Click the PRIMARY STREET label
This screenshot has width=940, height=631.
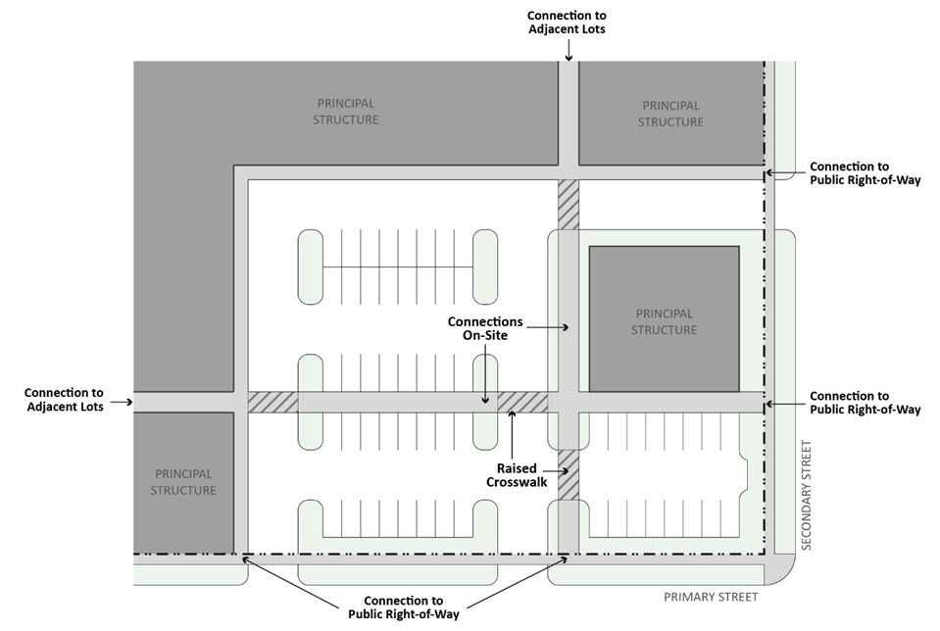pos(711,597)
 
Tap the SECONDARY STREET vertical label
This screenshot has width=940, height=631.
pos(807,495)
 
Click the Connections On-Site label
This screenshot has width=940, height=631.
pos(485,328)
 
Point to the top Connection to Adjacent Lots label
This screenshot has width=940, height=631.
pos(567,23)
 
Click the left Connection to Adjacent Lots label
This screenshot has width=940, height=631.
pos(64,401)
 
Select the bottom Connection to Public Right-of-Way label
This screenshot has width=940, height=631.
pos(403,607)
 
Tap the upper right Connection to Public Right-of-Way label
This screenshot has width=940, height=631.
pos(865,173)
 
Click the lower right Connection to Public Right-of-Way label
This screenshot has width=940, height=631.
pos(865,403)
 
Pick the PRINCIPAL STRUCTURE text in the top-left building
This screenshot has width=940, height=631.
pos(346,112)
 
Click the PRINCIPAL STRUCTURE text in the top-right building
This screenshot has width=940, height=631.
pos(670,114)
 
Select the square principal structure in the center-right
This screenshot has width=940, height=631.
pos(664,318)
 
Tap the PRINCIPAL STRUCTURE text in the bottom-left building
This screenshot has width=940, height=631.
pos(183,482)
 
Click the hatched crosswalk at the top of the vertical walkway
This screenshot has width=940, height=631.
pos(569,204)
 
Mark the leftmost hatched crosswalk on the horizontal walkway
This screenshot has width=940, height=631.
pos(272,403)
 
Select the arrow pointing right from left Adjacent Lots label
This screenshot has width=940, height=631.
pos(123,402)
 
